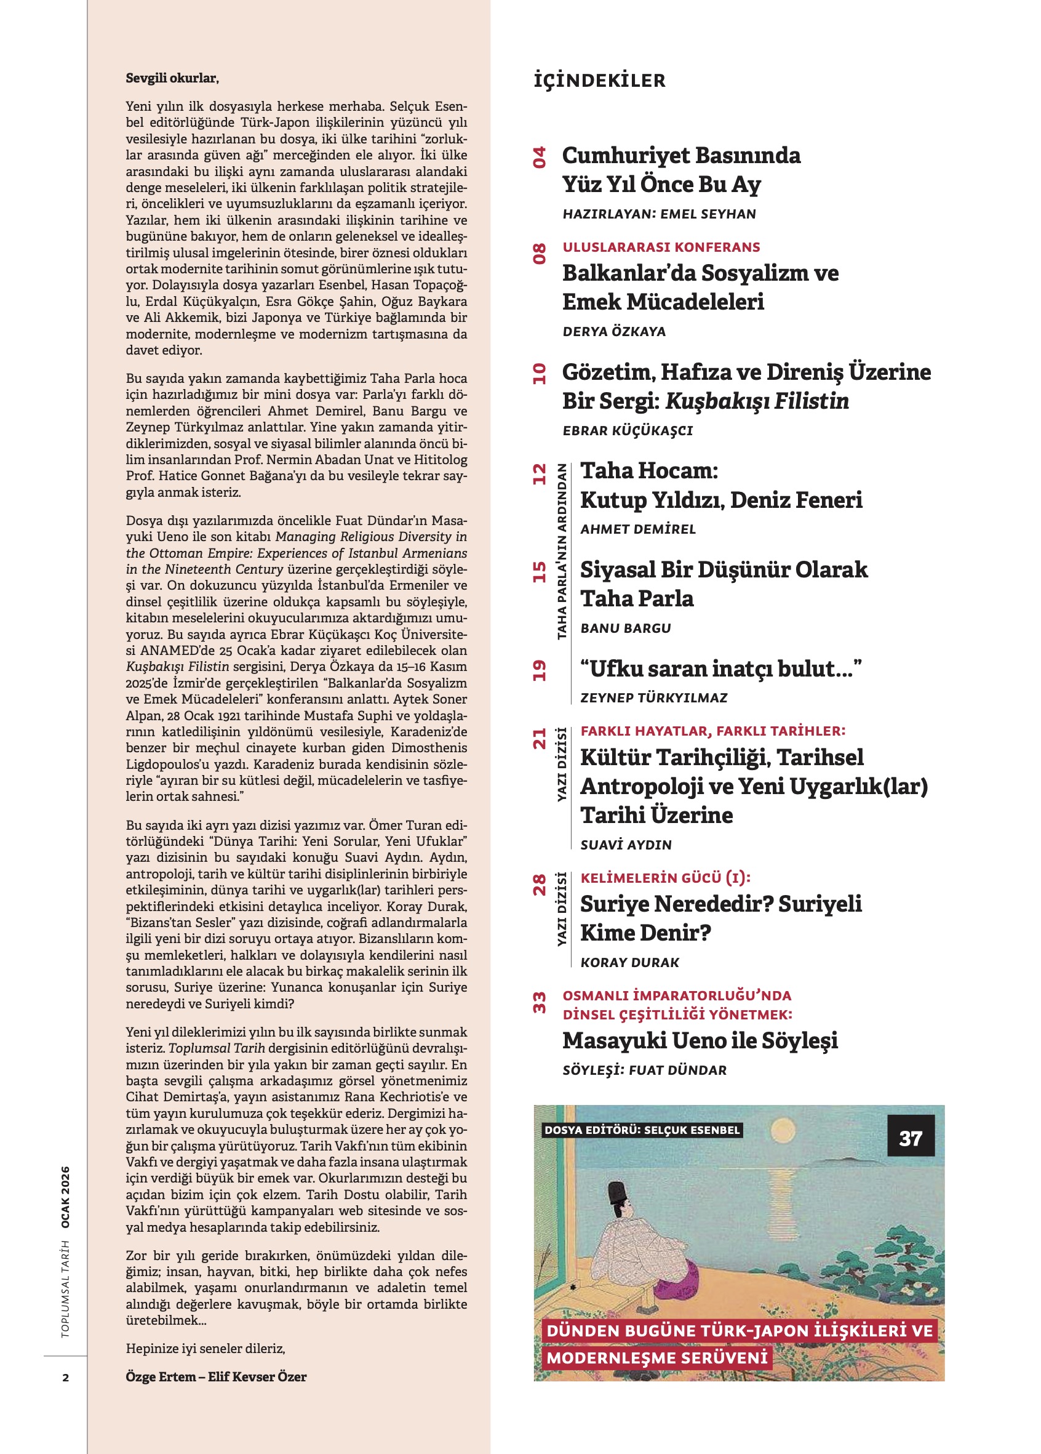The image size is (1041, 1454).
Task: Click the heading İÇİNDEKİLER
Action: (x=600, y=81)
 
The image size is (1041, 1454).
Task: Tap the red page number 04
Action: (x=540, y=157)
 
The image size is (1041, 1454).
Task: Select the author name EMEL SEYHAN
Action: (x=708, y=214)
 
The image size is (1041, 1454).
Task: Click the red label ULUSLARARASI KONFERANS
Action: (x=661, y=247)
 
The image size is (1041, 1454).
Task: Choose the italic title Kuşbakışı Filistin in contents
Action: (x=757, y=401)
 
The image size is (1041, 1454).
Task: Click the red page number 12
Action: (x=540, y=474)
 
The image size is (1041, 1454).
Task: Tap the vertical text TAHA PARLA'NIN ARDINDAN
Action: (x=562, y=552)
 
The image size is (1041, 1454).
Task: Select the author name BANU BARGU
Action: (x=625, y=629)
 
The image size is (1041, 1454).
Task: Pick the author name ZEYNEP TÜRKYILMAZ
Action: (x=654, y=697)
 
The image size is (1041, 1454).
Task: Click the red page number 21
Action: (x=540, y=739)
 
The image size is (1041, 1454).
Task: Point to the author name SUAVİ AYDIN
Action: (x=626, y=845)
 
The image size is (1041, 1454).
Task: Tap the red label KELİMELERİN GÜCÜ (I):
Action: (x=665, y=878)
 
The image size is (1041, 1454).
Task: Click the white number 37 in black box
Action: (x=911, y=1139)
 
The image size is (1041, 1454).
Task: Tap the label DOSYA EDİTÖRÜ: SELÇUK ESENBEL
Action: (x=642, y=1130)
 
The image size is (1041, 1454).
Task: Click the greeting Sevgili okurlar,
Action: (x=172, y=78)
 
